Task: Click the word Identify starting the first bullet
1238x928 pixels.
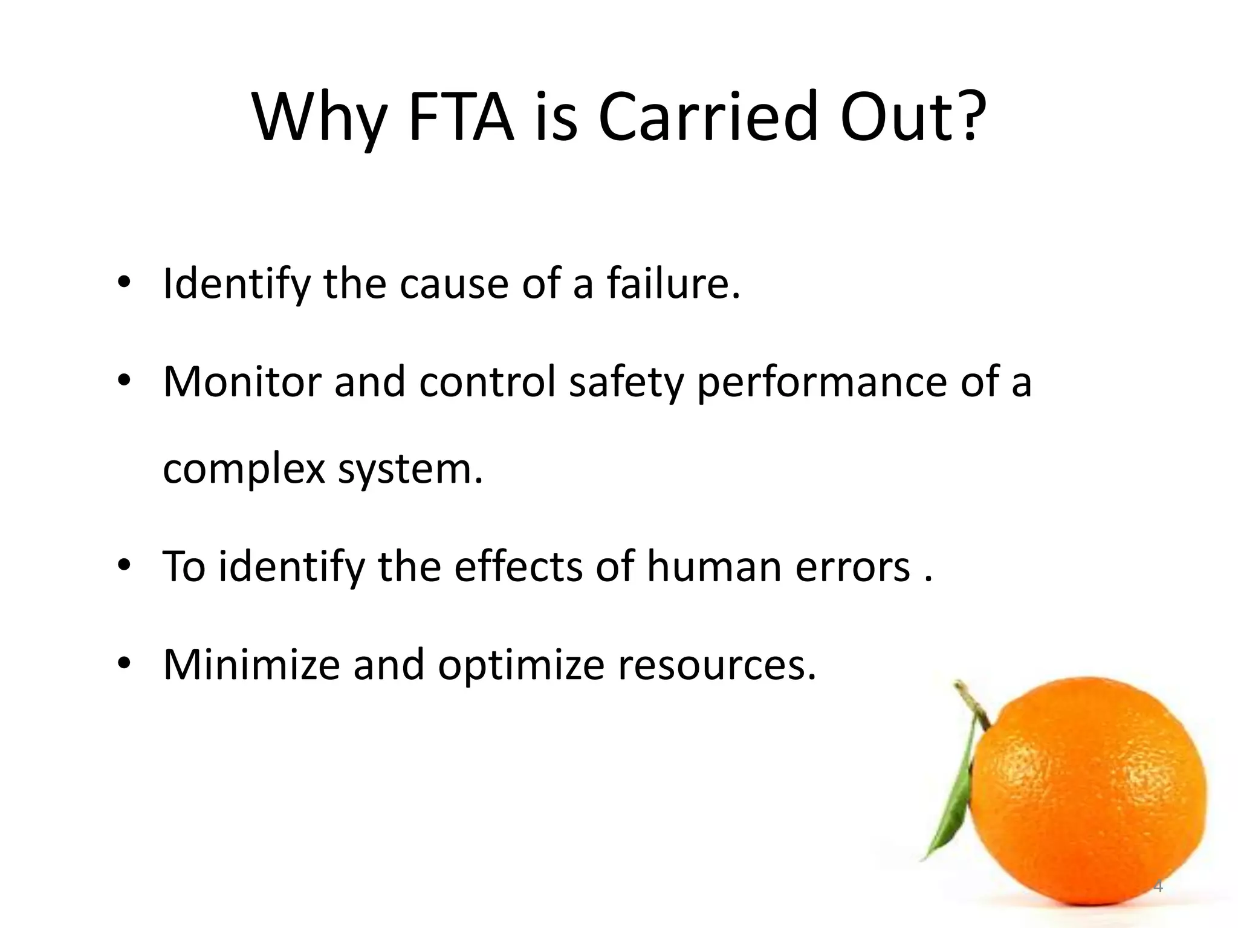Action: click(236, 284)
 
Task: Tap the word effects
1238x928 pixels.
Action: click(517, 567)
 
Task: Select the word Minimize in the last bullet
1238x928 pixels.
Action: click(251, 665)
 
